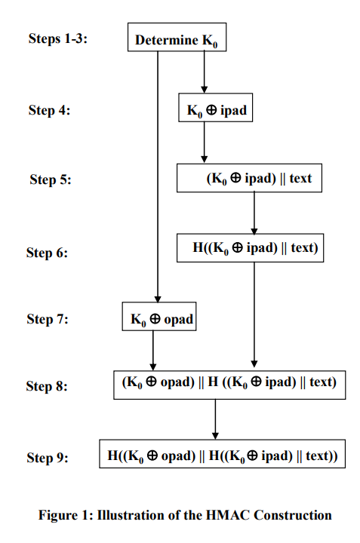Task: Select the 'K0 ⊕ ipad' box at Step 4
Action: [x=217, y=110]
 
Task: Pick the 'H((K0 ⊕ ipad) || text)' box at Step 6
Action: [x=250, y=248]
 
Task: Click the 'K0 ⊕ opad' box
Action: [x=158, y=318]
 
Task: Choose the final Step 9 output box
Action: [x=223, y=455]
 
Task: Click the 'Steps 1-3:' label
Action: [x=58, y=38]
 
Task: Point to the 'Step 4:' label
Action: [x=50, y=110]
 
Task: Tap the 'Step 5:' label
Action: [x=51, y=179]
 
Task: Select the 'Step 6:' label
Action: [x=48, y=253]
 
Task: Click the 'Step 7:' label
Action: [x=48, y=319]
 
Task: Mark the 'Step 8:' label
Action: [x=48, y=386]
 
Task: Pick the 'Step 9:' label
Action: [x=48, y=458]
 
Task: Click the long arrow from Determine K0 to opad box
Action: [x=158, y=173]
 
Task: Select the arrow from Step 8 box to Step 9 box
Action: [x=215, y=419]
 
